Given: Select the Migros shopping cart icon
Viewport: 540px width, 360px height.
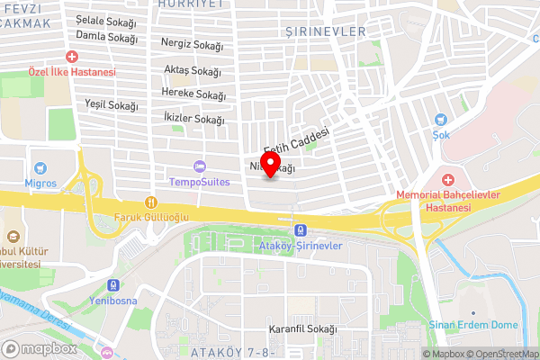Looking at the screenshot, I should (40, 167).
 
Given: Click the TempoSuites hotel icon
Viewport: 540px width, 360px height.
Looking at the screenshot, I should (199, 166).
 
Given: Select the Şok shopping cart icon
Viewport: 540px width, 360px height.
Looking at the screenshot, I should (441, 119).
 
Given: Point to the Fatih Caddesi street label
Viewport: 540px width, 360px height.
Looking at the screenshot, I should (296, 139).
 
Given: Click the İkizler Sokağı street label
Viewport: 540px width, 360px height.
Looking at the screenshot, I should (194, 119).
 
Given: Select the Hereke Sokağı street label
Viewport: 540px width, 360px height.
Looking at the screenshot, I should (193, 94).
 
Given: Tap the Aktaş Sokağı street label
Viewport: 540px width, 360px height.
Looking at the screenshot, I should (193, 70).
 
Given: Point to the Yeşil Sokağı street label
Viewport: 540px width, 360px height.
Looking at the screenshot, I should (112, 105).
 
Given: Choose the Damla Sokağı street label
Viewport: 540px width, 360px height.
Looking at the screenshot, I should (106, 39).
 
